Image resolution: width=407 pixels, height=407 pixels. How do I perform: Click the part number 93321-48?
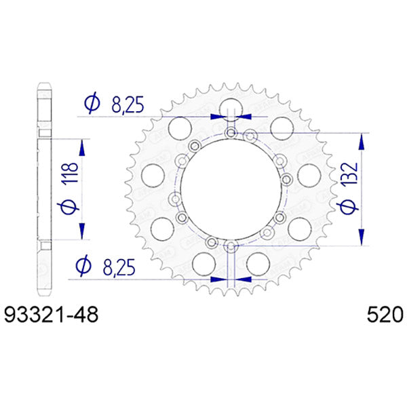point(52,315)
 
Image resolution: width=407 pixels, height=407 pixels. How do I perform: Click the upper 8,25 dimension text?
point(128,103)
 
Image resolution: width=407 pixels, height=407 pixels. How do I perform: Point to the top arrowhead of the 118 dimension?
point(83,148)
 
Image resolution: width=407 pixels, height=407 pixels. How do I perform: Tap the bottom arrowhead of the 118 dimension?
point(83,231)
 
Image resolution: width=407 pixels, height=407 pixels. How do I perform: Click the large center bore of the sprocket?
point(231,189)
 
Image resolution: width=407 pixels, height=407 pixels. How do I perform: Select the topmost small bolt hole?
point(231,132)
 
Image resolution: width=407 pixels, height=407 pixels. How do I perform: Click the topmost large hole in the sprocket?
point(231,108)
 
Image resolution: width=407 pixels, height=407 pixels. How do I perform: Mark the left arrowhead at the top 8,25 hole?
point(216,117)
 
